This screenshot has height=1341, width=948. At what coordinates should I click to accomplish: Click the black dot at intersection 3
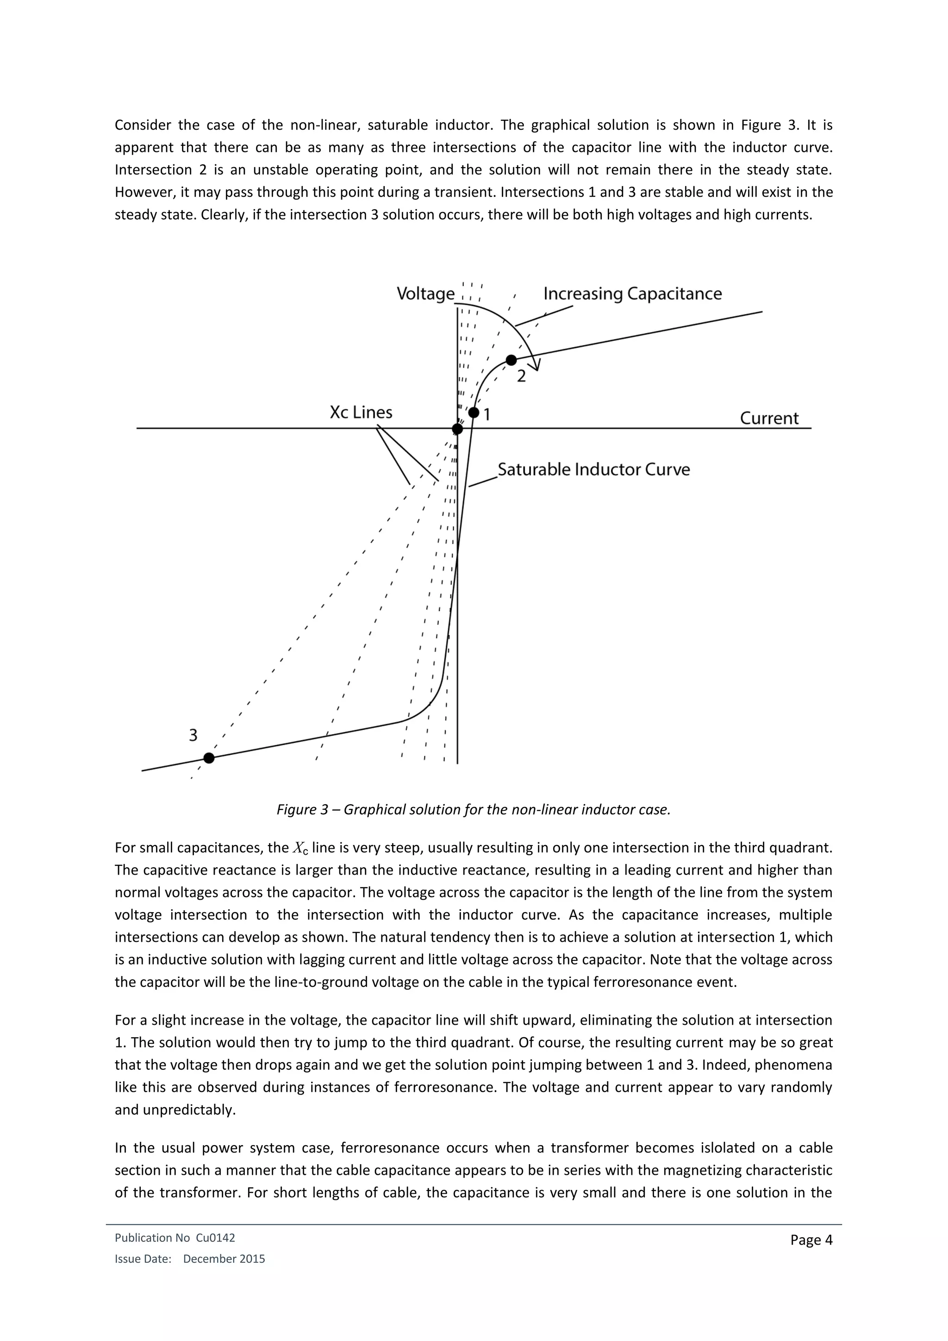point(209,758)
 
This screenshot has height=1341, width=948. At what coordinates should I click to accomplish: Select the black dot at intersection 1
point(474,413)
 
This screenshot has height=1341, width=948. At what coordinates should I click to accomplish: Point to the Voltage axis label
point(425,294)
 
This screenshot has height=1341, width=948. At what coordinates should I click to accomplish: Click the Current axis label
point(769,418)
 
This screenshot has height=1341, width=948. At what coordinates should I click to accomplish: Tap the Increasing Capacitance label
point(632,294)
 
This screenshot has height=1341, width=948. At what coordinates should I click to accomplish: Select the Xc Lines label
point(361,412)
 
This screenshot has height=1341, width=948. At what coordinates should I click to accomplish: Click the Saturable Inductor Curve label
point(594,470)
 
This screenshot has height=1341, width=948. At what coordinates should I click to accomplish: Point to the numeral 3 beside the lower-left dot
point(193,735)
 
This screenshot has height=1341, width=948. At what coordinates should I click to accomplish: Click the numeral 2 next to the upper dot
point(521,377)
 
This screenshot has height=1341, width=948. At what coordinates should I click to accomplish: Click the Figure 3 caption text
point(474,809)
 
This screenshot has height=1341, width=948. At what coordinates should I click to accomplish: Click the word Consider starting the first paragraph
point(143,125)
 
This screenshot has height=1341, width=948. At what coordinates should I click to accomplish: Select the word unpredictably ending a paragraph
point(175,1110)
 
